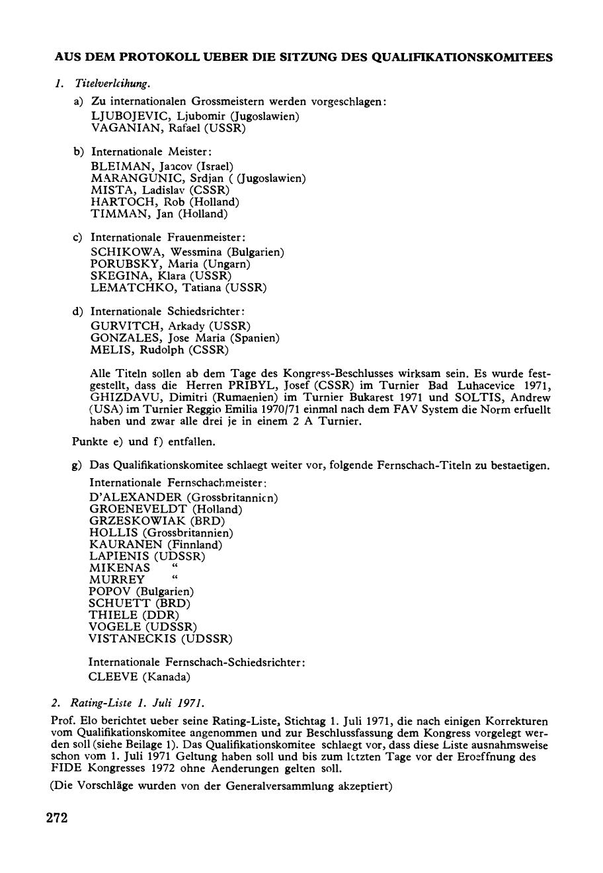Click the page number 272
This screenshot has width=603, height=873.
tap(57, 818)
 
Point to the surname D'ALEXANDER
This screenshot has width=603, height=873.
tap(136, 497)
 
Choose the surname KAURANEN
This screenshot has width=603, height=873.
tap(126, 544)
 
